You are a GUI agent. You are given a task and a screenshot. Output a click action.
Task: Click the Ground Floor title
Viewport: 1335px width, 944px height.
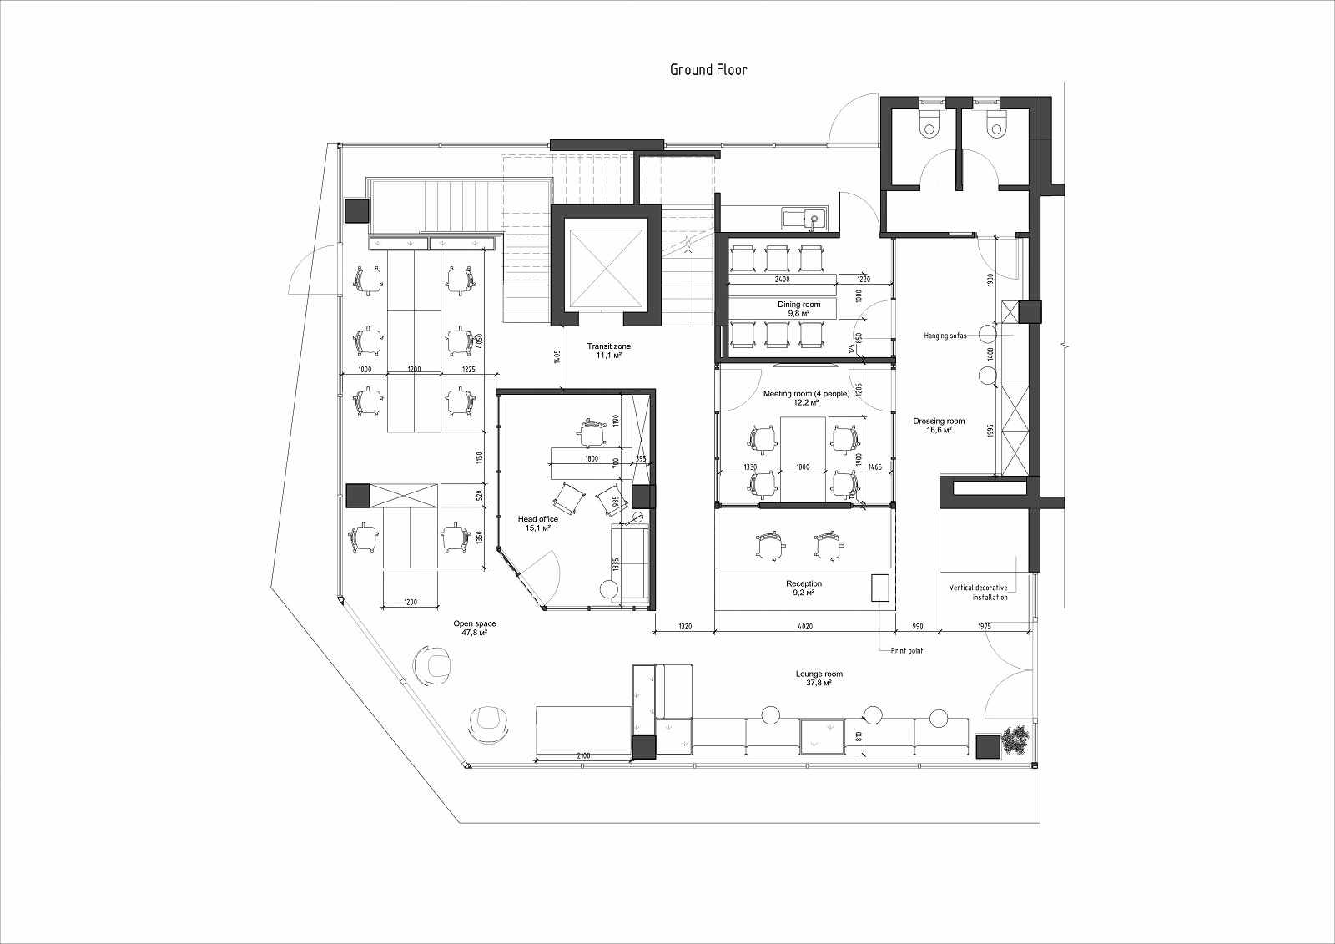tap(708, 70)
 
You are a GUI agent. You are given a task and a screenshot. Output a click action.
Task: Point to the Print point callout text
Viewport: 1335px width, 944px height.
tap(906, 650)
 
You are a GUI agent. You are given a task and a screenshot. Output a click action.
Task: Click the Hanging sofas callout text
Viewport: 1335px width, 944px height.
tap(945, 336)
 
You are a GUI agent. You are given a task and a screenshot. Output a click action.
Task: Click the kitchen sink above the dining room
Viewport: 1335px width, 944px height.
tap(804, 218)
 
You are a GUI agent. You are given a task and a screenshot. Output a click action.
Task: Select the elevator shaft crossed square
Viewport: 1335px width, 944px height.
tap(606, 269)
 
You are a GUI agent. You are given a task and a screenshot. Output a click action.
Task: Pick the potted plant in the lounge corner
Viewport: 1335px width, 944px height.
tap(1015, 740)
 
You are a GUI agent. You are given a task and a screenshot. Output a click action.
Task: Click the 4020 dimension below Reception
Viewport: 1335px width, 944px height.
tap(804, 626)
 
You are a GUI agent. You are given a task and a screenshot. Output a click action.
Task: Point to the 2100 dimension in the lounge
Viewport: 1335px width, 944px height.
tap(583, 755)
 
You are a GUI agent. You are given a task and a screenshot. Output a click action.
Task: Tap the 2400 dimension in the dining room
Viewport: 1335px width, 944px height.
tap(782, 279)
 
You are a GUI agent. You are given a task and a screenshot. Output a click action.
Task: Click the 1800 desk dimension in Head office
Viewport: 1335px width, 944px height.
tap(592, 458)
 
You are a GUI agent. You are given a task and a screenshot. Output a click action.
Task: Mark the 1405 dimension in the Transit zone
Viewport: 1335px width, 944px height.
tap(557, 356)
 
